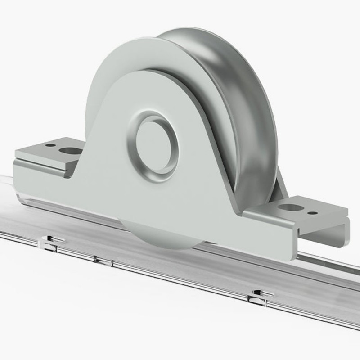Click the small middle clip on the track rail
95,259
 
